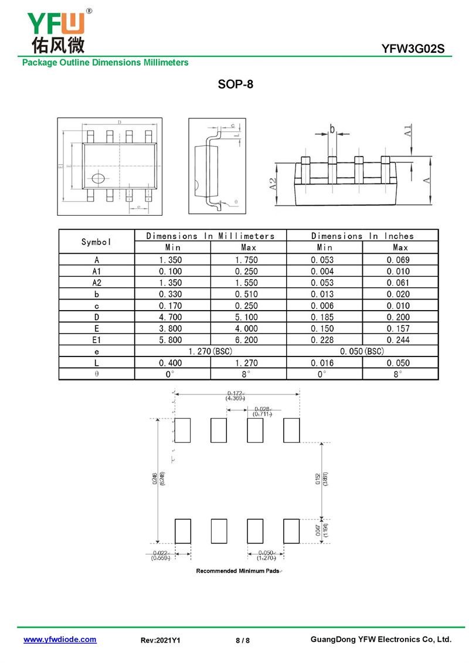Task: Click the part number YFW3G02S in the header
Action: (x=417, y=49)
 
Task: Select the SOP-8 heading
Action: (x=235, y=84)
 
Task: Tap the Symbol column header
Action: (x=97, y=242)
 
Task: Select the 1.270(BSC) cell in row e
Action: (x=210, y=351)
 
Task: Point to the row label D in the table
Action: (x=97, y=317)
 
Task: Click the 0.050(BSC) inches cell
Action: (x=362, y=351)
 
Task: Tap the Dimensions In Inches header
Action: (x=362, y=236)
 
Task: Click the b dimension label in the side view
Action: (x=332, y=129)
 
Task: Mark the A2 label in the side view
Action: (x=274, y=184)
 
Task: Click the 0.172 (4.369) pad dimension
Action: (x=236, y=396)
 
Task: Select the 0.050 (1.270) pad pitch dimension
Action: (x=266, y=556)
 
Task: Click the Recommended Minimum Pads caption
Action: (x=238, y=571)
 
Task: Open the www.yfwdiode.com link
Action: (x=60, y=640)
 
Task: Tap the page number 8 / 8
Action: (x=242, y=641)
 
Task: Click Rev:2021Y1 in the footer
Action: (x=161, y=641)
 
